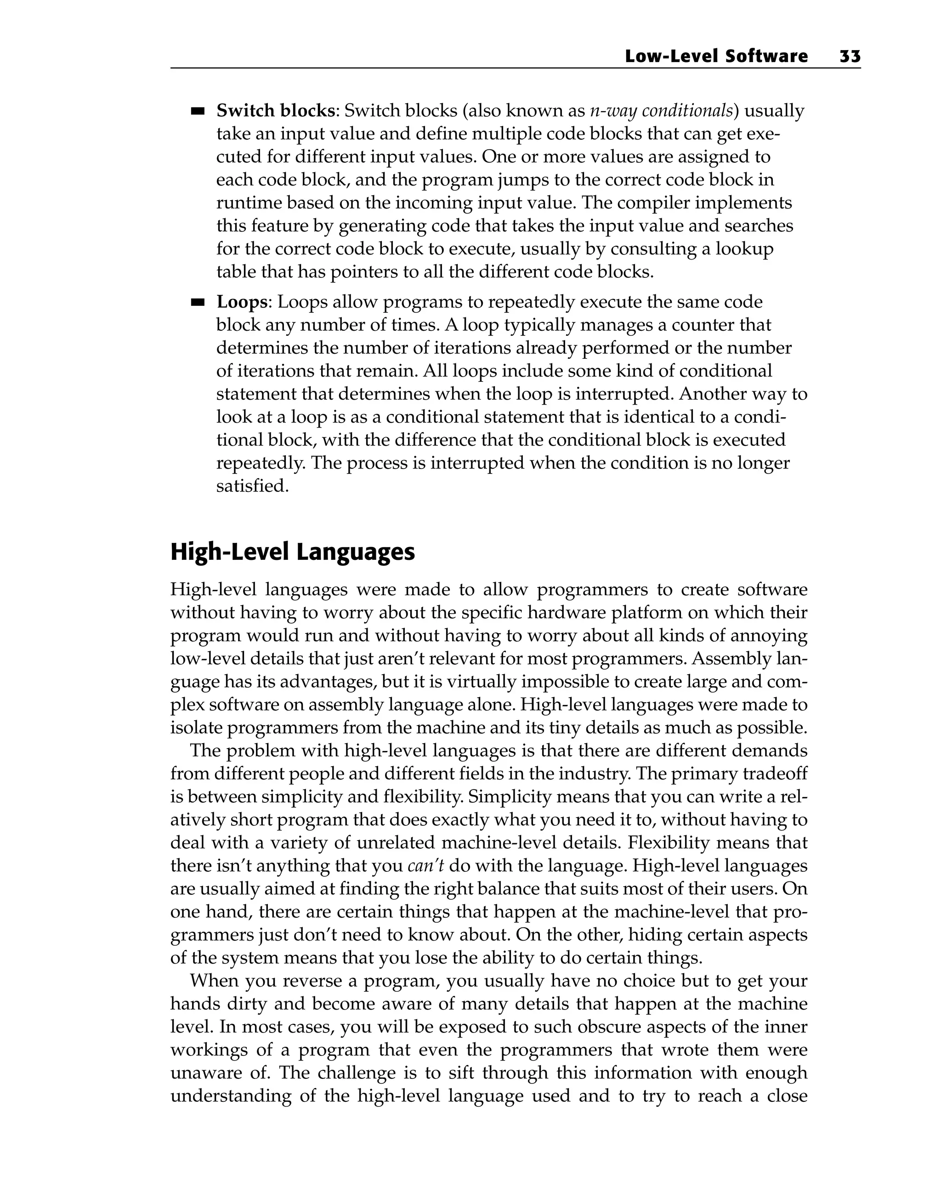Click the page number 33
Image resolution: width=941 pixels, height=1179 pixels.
(850, 56)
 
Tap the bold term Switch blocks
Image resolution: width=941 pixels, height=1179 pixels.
(275, 111)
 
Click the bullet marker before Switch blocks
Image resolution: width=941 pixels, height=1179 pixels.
(198, 112)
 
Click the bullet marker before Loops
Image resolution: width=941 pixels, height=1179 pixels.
(198, 302)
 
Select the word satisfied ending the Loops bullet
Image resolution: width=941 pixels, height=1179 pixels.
(252, 485)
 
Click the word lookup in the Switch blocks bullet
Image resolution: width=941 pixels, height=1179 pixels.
(747, 249)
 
